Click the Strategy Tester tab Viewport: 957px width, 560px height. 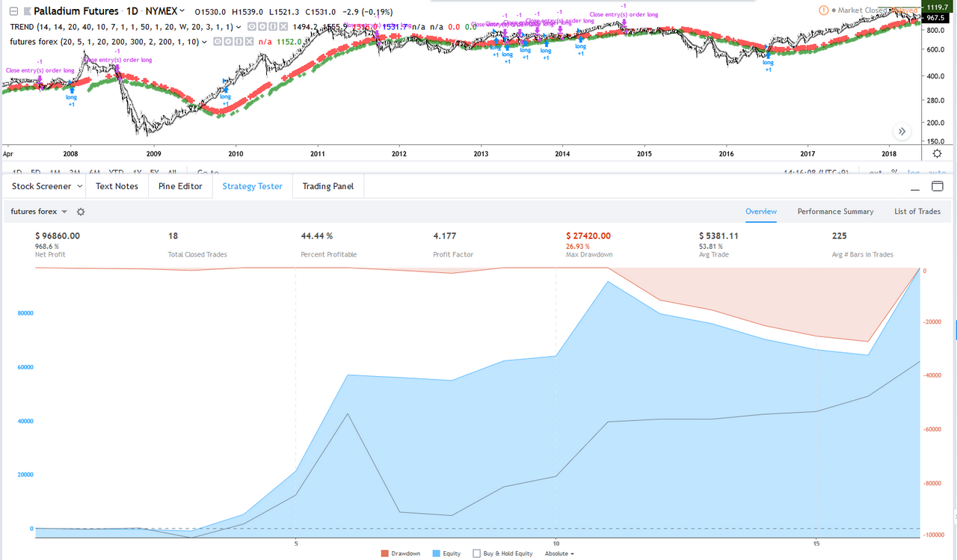click(252, 186)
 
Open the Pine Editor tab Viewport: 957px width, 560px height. click(180, 186)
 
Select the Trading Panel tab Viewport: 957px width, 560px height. click(327, 186)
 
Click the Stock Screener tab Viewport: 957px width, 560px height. click(42, 186)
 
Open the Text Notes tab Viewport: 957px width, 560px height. click(117, 186)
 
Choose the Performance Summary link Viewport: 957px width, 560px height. click(835, 212)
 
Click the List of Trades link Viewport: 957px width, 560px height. click(917, 212)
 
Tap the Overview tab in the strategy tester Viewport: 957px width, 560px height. click(761, 212)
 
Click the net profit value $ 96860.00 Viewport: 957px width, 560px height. click(58, 236)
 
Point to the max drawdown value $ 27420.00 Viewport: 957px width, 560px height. click(588, 236)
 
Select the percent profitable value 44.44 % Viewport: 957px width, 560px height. click(316, 236)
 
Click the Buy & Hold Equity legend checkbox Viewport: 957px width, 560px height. click(476, 554)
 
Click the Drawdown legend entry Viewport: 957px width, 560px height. click(402, 554)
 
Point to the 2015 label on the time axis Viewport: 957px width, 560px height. click(644, 154)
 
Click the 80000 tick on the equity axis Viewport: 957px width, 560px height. click(25, 313)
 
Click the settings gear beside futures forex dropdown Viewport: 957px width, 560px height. click(81, 212)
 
